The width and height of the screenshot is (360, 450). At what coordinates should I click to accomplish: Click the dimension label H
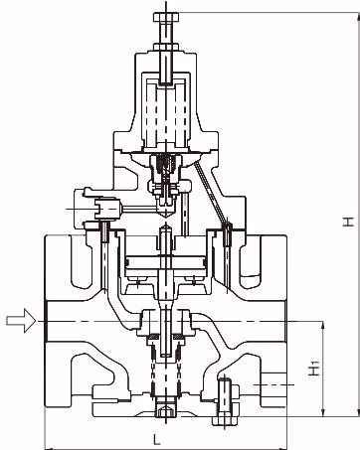tap(348, 222)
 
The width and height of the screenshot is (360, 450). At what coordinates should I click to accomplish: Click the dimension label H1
tap(314, 369)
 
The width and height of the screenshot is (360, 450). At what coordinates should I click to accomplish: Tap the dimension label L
tap(157, 439)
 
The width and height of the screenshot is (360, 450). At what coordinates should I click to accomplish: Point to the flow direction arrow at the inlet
tap(21, 320)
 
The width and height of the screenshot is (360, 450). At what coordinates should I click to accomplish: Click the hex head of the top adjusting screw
tap(166, 17)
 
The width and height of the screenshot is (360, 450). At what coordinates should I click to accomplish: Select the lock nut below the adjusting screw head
tap(166, 48)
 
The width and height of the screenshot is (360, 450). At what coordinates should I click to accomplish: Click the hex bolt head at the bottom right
tap(225, 420)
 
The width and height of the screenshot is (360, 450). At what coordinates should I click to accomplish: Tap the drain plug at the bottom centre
tap(166, 409)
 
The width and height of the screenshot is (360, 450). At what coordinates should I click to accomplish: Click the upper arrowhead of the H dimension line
tap(356, 16)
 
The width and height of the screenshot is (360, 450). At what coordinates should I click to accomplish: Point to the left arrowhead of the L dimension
tap(49, 448)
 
